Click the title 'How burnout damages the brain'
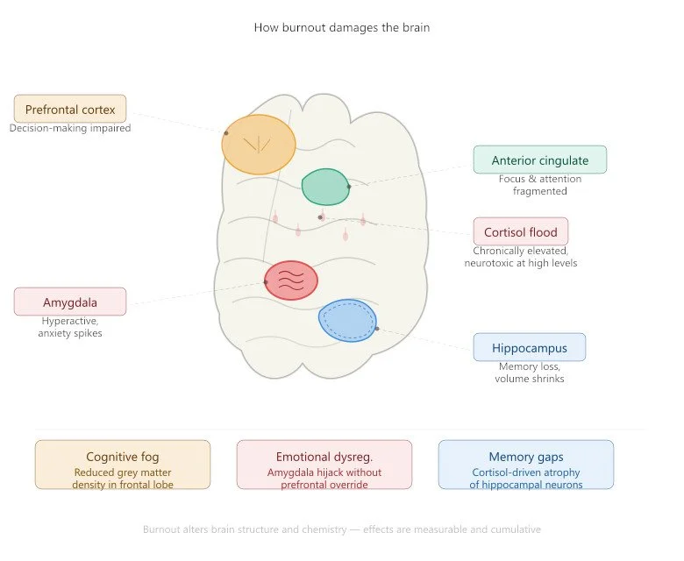tap(341, 27)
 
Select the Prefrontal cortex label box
tap(70, 110)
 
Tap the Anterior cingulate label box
tap(539, 160)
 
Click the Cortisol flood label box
tap(520, 232)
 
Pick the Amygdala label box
tap(70, 302)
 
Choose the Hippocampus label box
tap(530, 347)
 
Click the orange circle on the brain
tap(259, 144)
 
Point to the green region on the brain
tap(324, 187)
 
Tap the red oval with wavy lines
tap(291, 280)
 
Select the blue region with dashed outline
tap(347, 320)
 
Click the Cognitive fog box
tap(123, 465)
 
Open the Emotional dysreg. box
tap(324, 465)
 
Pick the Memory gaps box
tap(526, 465)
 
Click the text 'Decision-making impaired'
tap(70, 128)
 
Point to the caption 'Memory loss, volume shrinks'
tap(530, 373)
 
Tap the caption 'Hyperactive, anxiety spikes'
tap(70, 327)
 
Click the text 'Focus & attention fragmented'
tap(539, 185)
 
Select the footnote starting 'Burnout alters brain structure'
tap(341, 529)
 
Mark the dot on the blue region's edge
tap(377, 329)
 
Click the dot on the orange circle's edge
tap(225, 133)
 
